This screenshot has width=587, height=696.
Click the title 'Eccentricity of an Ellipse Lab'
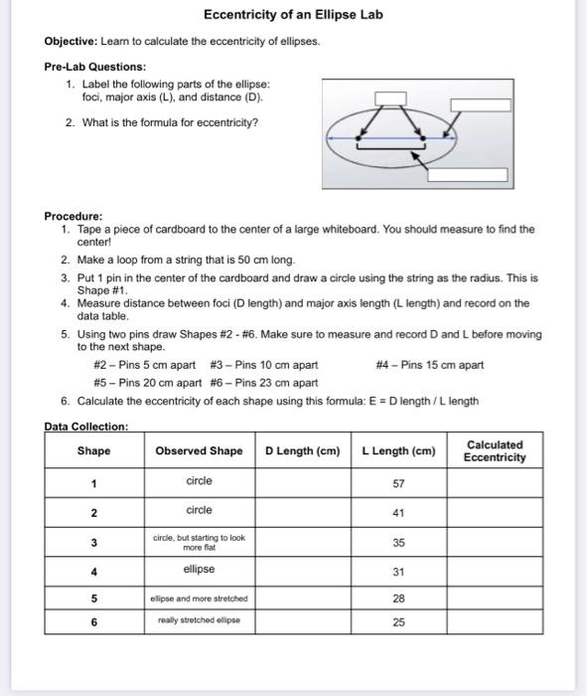[293, 16]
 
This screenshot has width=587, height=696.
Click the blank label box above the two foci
[389, 97]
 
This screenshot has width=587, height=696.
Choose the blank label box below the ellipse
[467, 174]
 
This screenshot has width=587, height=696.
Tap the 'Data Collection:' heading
[86, 427]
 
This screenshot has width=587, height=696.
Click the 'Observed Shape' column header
[199, 451]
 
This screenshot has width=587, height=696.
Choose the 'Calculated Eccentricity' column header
[495, 451]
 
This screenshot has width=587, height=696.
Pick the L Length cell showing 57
[398, 483]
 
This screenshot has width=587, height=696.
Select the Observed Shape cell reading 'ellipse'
[199, 570]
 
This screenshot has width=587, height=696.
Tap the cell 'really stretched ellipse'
[199, 621]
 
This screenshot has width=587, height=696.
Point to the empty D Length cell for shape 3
[304, 543]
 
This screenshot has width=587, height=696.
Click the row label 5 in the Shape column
[93, 599]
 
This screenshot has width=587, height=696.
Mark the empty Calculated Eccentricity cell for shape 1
[495, 483]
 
